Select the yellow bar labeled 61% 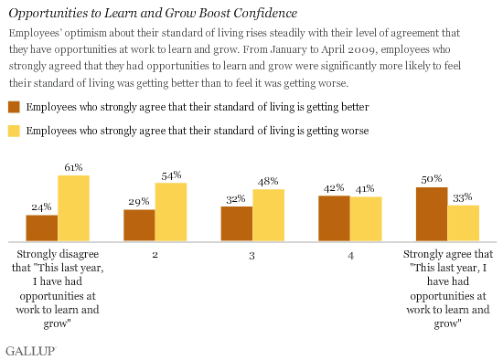point(73,207)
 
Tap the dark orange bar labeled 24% point(42,227)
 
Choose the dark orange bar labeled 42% point(333,217)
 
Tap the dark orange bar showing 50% point(431,213)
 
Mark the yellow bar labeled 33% point(463,222)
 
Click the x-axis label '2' point(155,255)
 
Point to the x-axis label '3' point(252,255)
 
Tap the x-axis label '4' point(349,255)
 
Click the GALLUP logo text point(31,349)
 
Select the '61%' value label point(73,167)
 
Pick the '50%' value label point(432,180)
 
